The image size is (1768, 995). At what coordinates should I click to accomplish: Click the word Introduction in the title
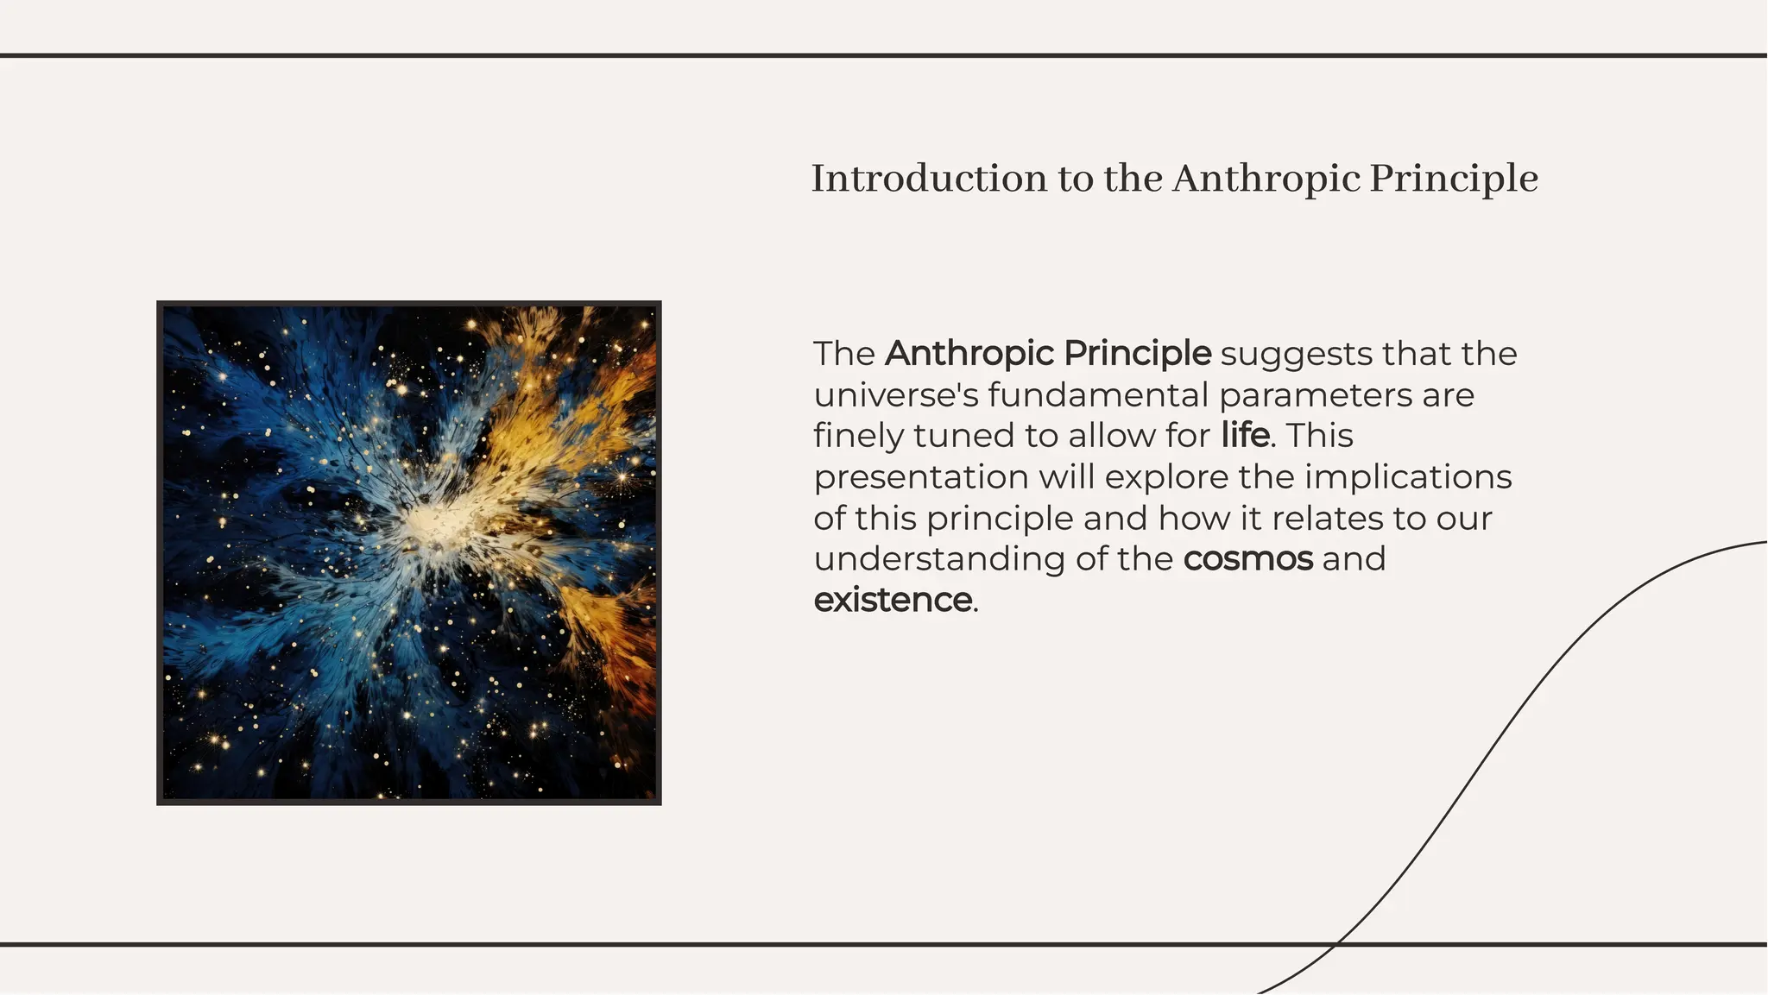point(928,179)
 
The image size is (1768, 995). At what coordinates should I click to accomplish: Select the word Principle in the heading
point(1454,179)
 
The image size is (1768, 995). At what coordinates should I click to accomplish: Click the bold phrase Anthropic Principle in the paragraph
point(1048,354)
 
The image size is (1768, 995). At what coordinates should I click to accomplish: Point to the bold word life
point(1245,435)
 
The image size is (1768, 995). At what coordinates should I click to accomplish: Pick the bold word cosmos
point(1248,559)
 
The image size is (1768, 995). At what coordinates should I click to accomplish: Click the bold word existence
point(893,600)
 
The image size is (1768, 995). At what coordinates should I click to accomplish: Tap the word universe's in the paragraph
point(896,395)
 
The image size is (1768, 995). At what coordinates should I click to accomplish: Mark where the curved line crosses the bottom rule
point(1335,945)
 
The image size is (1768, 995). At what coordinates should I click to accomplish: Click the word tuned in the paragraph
point(963,436)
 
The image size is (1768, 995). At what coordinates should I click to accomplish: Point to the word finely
point(858,437)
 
